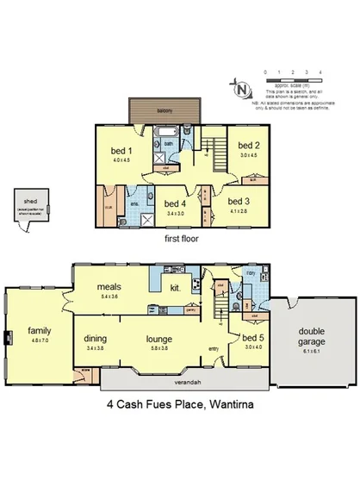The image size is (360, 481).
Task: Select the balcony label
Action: [164, 110]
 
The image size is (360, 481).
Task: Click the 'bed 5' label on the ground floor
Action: [252, 337]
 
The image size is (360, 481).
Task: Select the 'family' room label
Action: [38, 329]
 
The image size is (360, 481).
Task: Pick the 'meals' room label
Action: [109, 286]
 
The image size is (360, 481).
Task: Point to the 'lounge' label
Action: [160, 339]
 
